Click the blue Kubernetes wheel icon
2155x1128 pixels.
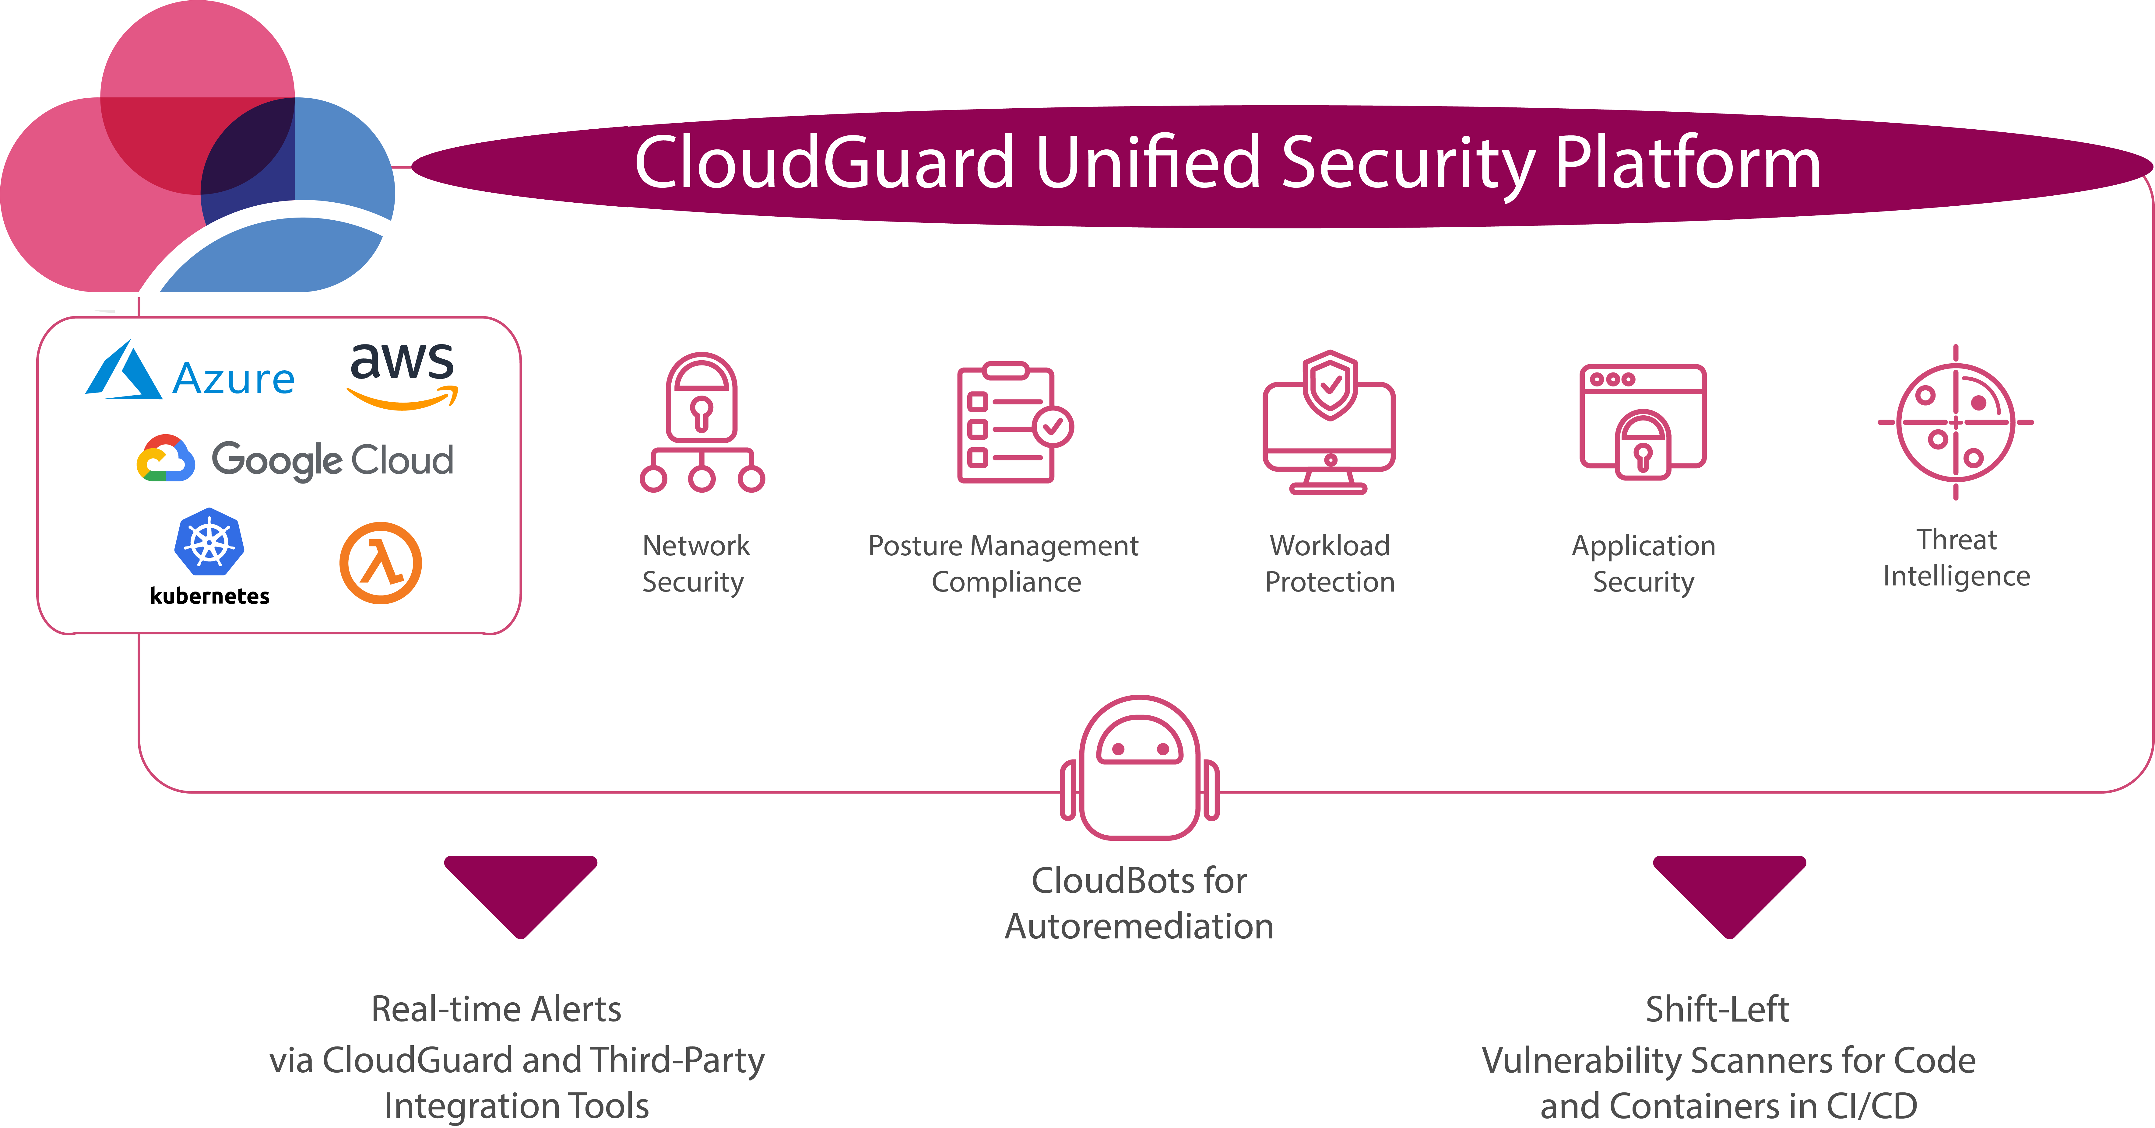209,541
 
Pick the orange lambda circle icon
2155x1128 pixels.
381,563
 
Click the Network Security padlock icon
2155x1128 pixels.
702,422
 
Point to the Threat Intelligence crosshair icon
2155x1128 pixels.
1956,422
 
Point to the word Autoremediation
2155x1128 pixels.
1139,927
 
